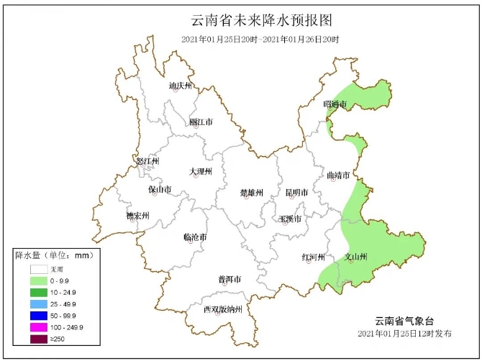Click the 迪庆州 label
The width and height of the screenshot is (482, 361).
181,86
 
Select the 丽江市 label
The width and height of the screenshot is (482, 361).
201,122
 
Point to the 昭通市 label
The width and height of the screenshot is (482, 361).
335,105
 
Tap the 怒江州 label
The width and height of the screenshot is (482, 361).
147,161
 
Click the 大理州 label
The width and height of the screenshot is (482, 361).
201,172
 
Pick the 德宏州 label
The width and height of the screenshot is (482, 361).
137,216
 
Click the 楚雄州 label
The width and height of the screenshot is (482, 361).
252,193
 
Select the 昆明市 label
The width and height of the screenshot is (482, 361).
296,193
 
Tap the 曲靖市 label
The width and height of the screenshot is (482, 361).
338,175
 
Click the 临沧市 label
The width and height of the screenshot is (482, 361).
195,237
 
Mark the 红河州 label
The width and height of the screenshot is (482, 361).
313,257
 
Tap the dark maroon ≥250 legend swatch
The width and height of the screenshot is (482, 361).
39,339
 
